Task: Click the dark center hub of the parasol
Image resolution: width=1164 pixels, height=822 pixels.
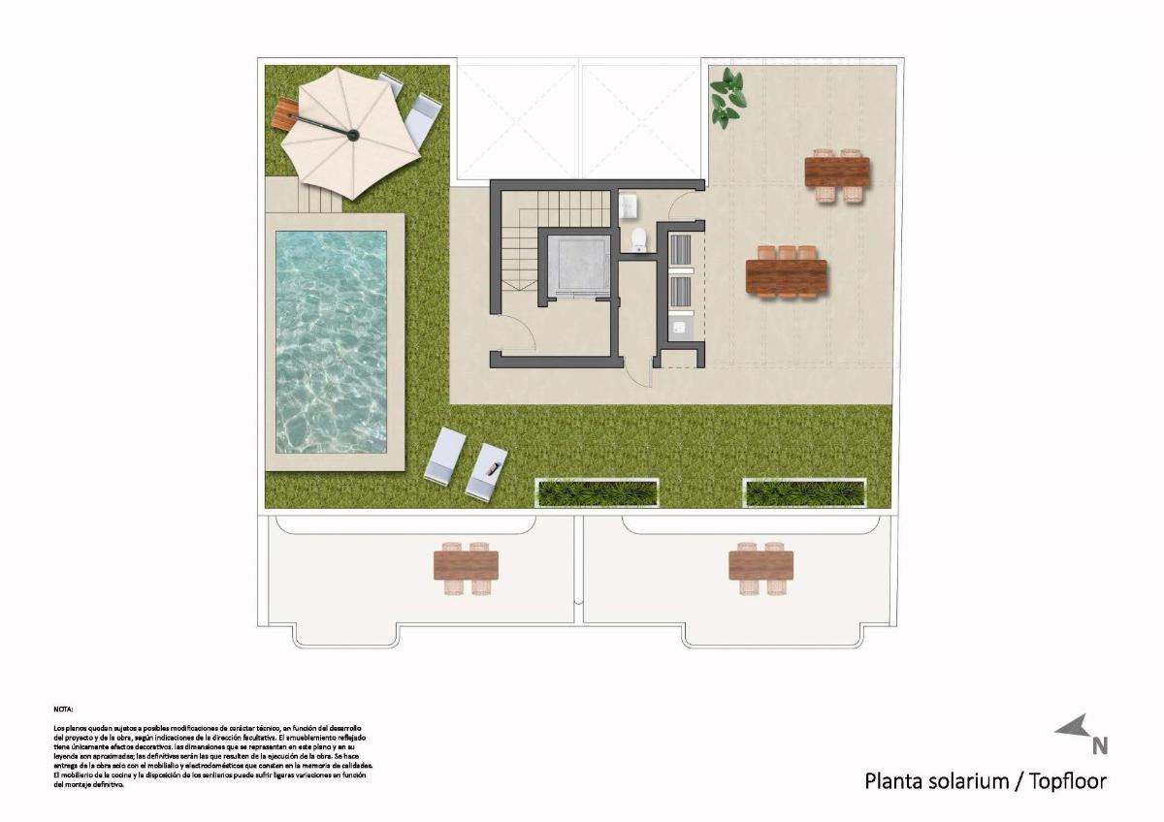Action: click(353, 135)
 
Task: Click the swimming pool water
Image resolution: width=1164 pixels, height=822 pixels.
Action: click(331, 341)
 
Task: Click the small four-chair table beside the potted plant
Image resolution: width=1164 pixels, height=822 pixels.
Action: click(837, 174)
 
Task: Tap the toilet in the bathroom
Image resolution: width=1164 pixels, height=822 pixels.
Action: click(639, 239)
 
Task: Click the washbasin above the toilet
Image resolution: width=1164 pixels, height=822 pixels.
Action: click(629, 205)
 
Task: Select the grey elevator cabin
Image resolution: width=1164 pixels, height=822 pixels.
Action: click(578, 265)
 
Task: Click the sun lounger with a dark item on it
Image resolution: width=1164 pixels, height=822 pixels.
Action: click(487, 473)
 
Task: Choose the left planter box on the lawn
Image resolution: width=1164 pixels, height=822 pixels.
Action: click(598, 492)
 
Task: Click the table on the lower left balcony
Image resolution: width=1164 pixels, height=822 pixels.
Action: click(466, 566)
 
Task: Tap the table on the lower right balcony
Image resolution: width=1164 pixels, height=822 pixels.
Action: click(760, 566)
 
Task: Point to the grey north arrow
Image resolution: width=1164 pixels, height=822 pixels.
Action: click(1074, 727)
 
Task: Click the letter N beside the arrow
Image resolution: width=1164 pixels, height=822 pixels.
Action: click(1100, 745)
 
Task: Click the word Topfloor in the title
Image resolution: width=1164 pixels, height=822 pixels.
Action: click(1068, 780)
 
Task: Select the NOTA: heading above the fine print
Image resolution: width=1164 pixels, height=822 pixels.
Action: click(63, 710)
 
